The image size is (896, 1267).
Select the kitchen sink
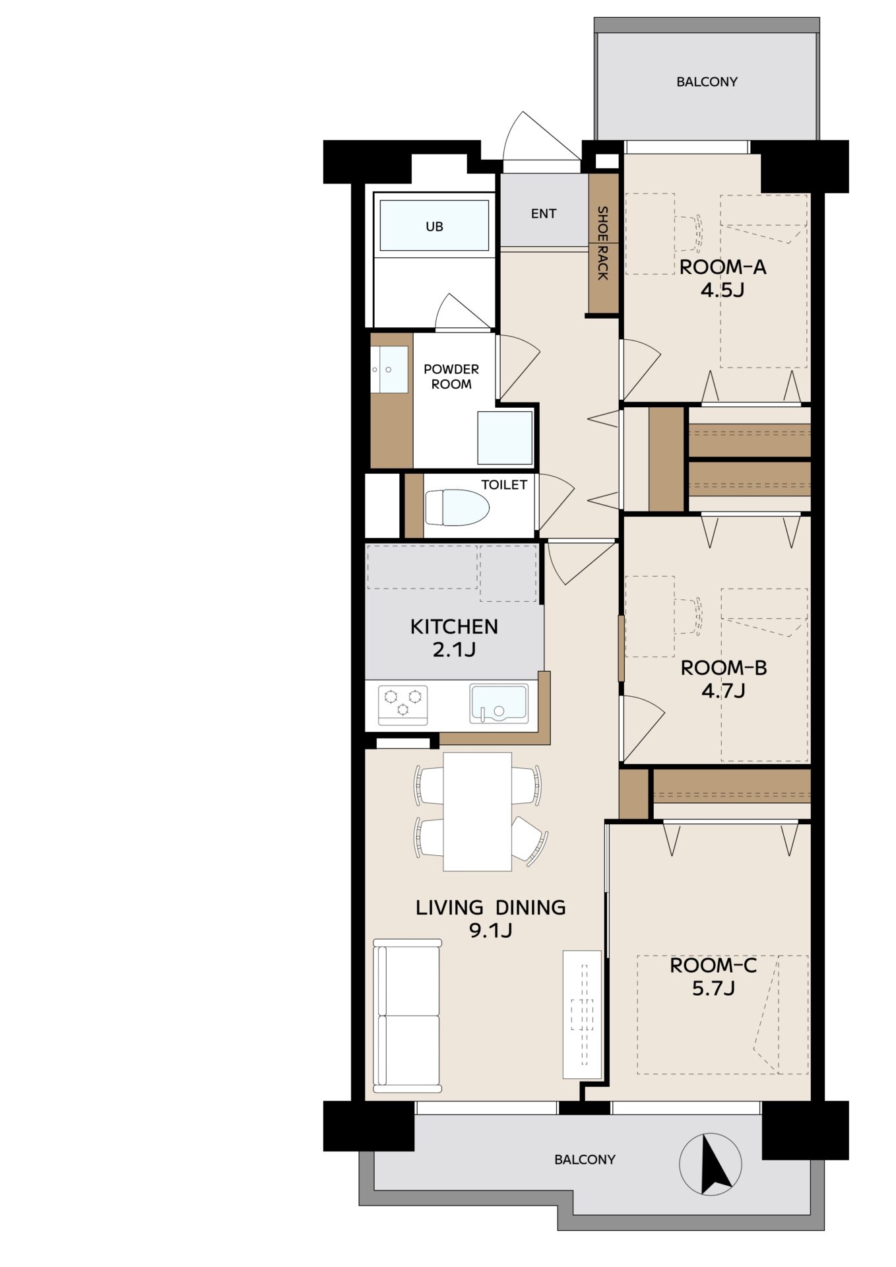[x=498, y=703]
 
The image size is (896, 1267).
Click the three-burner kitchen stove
[x=402, y=705]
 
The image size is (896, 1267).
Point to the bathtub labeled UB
[x=434, y=226]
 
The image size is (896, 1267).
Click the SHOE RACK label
[x=602, y=243]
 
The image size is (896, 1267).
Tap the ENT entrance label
[x=544, y=213]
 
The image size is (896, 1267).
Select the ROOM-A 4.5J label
[x=723, y=278]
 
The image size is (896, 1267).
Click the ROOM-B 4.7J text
[x=724, y=679]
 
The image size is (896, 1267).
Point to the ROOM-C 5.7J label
[x=713, y=977]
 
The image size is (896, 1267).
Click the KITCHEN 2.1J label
[x=454, y=637]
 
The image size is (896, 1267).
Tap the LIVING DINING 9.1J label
[x=490, y=919]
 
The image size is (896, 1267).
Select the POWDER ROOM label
[x=451, y=376]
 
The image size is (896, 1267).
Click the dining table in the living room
[x=478, y=812]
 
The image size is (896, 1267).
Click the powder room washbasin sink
[x=389, y=370]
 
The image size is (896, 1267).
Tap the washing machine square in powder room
[x=505, y=438]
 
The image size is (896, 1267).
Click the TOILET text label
[x=504, y=484]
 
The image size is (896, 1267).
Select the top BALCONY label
[x=707, y=82]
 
